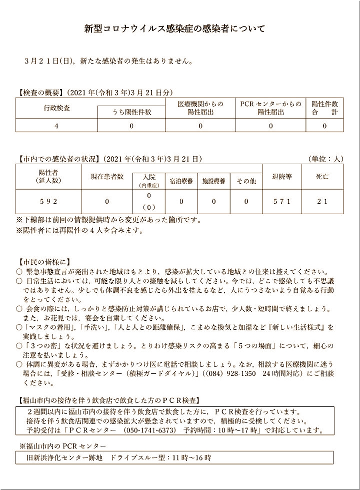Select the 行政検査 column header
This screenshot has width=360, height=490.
pos(56,108)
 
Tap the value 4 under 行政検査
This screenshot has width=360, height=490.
pos(56,126)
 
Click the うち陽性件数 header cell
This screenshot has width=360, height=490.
pos(131,113)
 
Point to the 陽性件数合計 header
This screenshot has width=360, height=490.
pos(324,108)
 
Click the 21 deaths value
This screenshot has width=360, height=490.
pos(322,201)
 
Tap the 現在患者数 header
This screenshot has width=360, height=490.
pos(106,177)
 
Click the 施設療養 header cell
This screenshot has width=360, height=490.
pos(213,182)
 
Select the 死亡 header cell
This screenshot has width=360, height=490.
pos(322,177)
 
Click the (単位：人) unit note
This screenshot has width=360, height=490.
pos(325,159)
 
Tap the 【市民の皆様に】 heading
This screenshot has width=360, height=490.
pos(43,261)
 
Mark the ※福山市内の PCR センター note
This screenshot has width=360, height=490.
pos(62,445)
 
